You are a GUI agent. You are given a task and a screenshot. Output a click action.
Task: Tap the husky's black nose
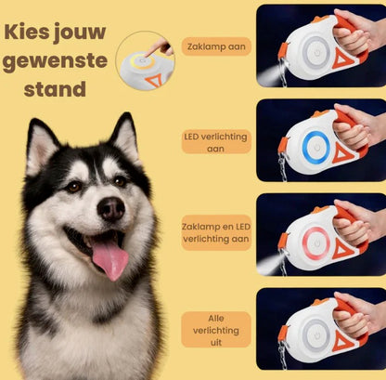[x=110, y=209]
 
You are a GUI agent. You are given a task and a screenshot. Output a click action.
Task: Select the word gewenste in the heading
[x=55, y=61]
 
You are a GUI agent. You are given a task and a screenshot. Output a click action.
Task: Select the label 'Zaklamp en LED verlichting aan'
[x=215, y=232]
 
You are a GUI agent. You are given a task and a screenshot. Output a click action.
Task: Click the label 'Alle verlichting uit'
[x=215, y=330]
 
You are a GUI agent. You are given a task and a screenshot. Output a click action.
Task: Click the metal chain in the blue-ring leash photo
[x=283, y=167]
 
